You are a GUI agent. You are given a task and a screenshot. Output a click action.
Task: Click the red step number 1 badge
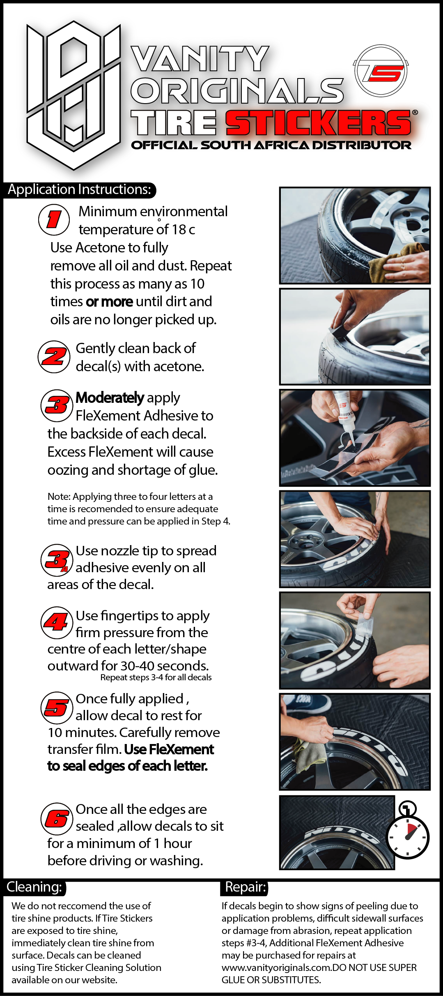54,220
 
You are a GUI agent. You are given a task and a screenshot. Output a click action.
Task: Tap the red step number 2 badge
54,357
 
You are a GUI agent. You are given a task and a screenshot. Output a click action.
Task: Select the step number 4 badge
57,623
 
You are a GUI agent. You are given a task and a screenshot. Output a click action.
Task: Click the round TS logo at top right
381,71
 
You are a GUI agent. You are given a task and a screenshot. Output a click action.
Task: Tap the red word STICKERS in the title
318,122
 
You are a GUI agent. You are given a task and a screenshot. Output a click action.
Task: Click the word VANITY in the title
200,58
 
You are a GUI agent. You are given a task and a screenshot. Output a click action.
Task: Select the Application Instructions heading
80,189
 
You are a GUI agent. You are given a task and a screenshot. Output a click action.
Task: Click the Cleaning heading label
34,887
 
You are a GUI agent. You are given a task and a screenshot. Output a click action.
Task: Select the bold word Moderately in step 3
110,397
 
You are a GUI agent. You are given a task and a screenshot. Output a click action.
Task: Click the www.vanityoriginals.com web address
277,967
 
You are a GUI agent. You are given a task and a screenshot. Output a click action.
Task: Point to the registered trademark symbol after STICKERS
415,112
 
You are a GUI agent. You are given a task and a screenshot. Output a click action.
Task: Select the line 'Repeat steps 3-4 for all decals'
156,677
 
